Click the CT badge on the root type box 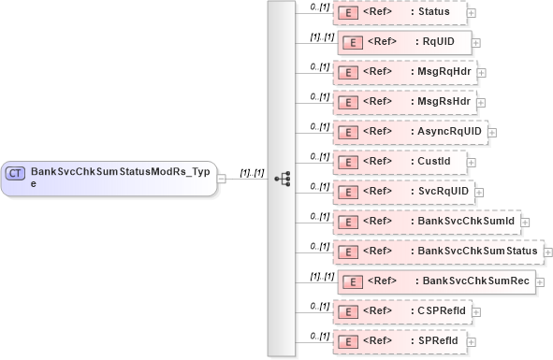pyautogui.click(x=15, y=173)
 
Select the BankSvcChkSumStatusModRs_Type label pyautogui.click(x=120, y=178)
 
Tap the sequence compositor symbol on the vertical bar pyautogui.click(x=281, y=178)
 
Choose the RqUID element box pyautogui.click(x=404, y=42)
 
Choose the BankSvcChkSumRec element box pyautogui.click(x=436, y=281)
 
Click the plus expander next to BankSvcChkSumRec pyautogui.click(x=542, y=281)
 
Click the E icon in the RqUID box pyautogui.click(x=353, y=43)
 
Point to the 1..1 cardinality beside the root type pyautogui.click(x=252, y=173)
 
